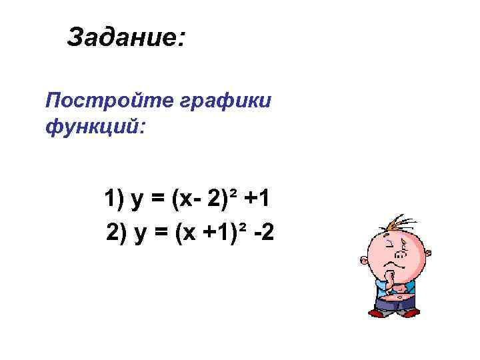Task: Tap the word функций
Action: pos(94,125)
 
